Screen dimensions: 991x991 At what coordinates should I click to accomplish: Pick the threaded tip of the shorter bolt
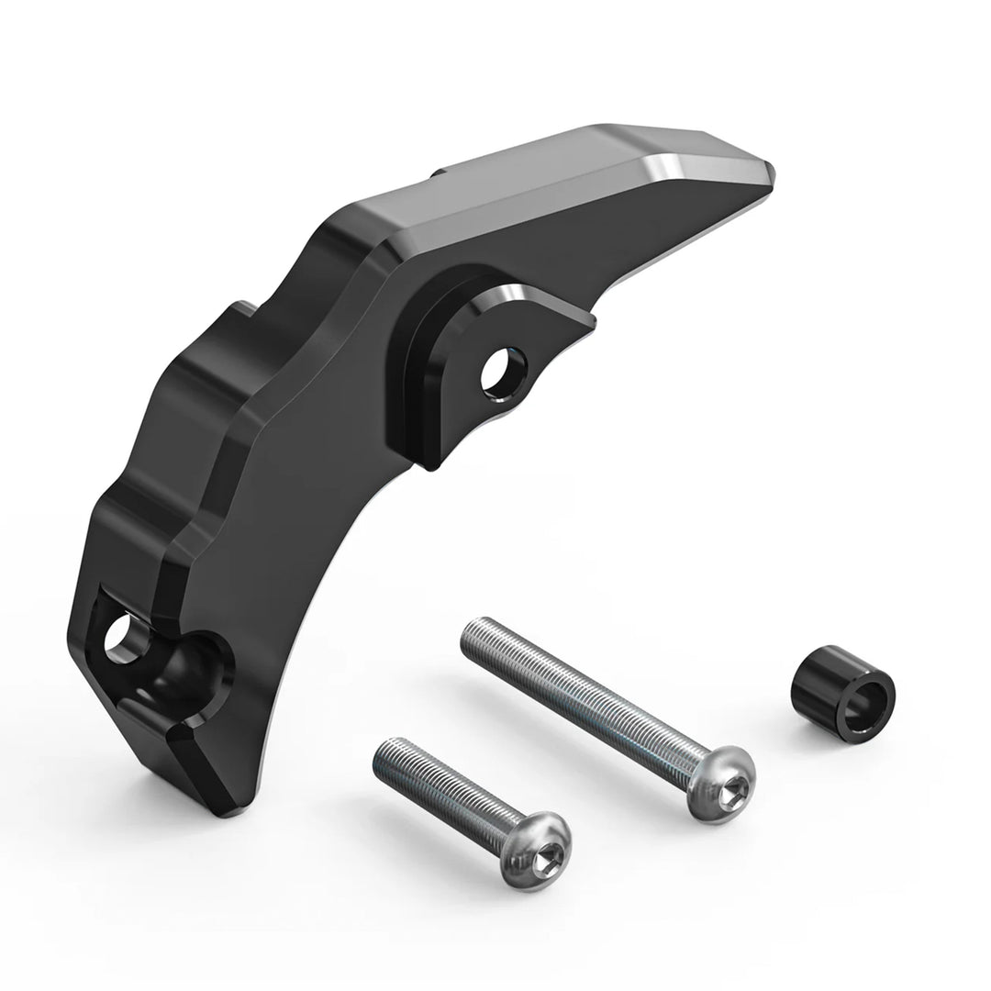pos(385,748)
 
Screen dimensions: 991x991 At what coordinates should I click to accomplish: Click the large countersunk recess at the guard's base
pos(184,670)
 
